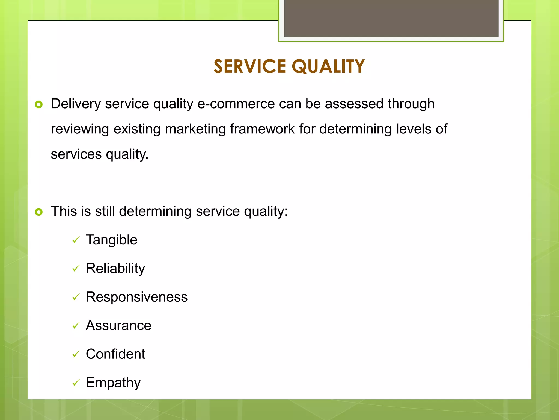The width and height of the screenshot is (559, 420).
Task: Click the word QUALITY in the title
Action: (x=328, y=66)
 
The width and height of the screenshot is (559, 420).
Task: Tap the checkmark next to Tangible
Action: (x=76, y=240)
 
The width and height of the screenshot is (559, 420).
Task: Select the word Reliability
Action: (x=115, y=269)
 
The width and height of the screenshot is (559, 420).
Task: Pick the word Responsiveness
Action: (x=136, y=297)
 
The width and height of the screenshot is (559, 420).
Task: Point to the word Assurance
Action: (x=118, y=326)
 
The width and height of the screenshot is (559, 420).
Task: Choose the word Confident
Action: (x=115, y=354)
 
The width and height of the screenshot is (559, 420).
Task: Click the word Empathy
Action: (x=113, y=383)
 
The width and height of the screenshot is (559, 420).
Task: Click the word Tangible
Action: (x=111, y=240)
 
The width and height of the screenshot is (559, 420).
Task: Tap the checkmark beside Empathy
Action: (x=76, y=383)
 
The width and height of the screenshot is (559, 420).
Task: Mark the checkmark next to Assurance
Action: (x=76, y=326)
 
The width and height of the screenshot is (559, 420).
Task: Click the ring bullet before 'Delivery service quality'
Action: (x=39, y=104)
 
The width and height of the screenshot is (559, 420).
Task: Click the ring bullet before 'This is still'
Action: (x=39, y=212)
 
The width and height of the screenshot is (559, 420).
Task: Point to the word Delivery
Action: (x=76, y=104)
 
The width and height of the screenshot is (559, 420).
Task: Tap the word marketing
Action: (x=195, y=129)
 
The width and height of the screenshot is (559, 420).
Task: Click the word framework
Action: (x=262, y=129)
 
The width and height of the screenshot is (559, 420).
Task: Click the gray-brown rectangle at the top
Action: (x=391, y=18)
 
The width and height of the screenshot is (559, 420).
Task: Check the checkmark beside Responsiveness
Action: (x=76, y=297)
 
